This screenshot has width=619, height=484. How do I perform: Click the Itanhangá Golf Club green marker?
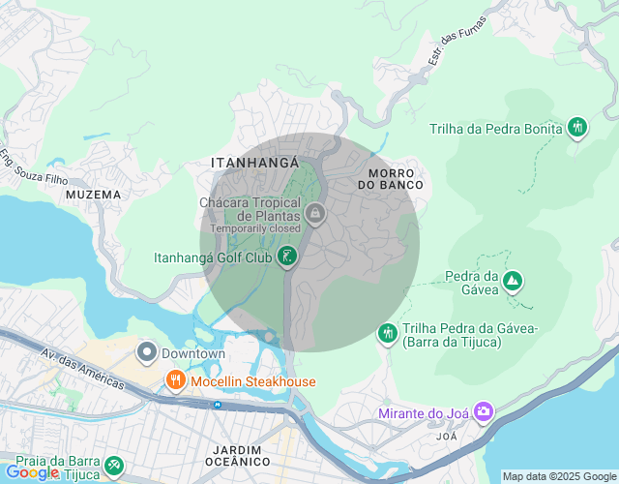(x=286, y=257)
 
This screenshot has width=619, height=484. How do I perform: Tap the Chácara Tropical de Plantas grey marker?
(x=313, y=212)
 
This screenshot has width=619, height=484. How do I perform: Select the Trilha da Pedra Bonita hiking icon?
(x=577, y=127)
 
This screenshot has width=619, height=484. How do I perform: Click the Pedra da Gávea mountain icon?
(x=512, y=282)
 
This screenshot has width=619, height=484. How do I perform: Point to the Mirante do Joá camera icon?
(x=483, y=413)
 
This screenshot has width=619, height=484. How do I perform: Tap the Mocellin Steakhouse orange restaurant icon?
(x=175, y=380)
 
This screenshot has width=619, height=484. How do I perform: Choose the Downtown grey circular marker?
(x=147, y=352)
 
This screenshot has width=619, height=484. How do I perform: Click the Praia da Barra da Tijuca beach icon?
(x=114, y=466)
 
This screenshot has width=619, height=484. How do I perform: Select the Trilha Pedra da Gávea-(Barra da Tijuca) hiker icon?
(x=388, y=333)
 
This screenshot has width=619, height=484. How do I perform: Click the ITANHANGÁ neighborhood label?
(x=254, y=164)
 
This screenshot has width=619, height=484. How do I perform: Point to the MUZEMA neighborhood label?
(x=94, y=195)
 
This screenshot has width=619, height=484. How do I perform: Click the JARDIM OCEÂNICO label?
(x=238, y=456)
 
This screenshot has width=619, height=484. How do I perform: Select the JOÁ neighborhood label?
(x=447, y=437)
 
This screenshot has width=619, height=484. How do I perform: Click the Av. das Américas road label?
(x=82, y=369)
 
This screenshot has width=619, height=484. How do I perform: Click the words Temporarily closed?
(x=255, y=228)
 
